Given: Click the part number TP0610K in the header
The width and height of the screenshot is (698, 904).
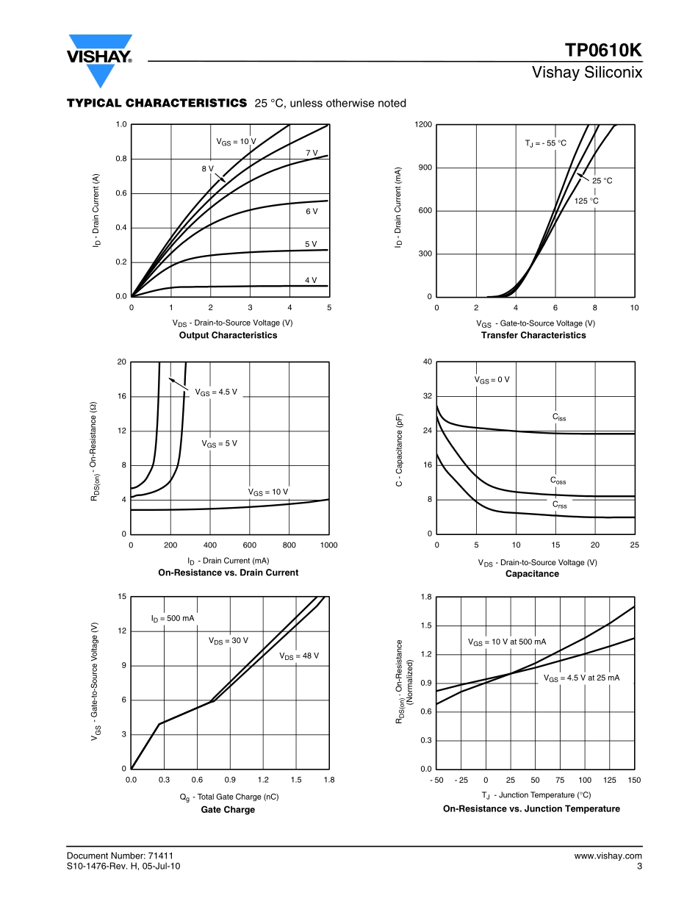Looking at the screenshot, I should (x=603, y=51).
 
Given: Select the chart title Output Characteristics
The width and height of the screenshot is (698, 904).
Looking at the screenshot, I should (x=229, y=335).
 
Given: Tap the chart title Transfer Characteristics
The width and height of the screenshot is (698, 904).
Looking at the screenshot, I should (x=533, y=335).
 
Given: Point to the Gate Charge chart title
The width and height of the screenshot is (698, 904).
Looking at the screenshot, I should (x=229, y=809).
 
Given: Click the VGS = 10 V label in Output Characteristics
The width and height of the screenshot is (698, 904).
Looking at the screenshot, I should (x=236, y=141).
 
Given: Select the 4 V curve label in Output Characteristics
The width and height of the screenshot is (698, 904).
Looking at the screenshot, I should (x=311, y=280).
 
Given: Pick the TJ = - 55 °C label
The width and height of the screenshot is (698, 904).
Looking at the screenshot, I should (x=546, y=143).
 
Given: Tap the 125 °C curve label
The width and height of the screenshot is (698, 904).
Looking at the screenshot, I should (x=586, y=201).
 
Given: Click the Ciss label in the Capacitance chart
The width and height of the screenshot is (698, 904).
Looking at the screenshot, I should (x=559, y=417).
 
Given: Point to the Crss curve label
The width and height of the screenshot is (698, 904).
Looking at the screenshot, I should (x=560, y=505).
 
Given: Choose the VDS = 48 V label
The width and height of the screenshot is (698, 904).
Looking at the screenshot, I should (x=299, y=656).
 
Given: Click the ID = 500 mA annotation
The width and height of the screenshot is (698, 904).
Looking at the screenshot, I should (x=173, y=619).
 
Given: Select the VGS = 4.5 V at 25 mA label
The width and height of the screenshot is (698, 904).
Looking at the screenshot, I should (x=581, y=678).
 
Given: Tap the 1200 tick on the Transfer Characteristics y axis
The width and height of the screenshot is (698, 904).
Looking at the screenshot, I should (x=423, y=125).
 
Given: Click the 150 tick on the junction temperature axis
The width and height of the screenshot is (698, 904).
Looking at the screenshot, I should (x=634, y=780).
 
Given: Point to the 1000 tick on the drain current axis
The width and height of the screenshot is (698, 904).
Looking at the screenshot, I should (x=328, y=545).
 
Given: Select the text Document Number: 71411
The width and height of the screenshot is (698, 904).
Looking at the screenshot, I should (x=120, y=855).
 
